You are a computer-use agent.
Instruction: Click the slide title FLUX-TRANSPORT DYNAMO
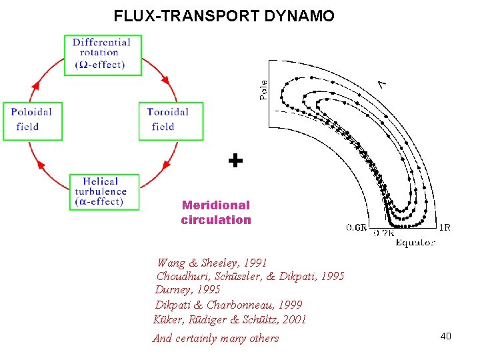coord(224,15)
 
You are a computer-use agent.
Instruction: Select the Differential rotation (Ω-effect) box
coord(101,54)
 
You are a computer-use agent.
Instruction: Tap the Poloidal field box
coord(32,121)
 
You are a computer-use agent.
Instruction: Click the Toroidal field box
coord(171,121)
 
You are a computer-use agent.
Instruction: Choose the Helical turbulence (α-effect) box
coord(104,192)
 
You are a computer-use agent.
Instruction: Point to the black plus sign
coord(235,161)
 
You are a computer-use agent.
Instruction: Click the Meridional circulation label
coord(216,213)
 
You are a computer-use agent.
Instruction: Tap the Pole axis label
coord(263,91)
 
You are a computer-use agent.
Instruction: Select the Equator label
coord(415,243)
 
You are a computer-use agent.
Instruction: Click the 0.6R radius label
coord(357,227)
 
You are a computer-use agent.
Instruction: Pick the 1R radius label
coord(445,227)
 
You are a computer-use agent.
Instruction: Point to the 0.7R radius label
coord(384,233)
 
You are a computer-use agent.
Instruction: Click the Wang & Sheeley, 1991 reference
coord(211,263)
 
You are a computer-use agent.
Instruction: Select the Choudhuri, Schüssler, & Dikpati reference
coord(250,276)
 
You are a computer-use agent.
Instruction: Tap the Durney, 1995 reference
coord(187,290)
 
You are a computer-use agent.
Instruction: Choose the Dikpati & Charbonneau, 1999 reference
coord(229,305)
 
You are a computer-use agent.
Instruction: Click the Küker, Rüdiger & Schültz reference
coord(230,319)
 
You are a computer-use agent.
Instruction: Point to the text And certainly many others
coord(216,339)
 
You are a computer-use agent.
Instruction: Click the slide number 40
coord(445,336)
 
